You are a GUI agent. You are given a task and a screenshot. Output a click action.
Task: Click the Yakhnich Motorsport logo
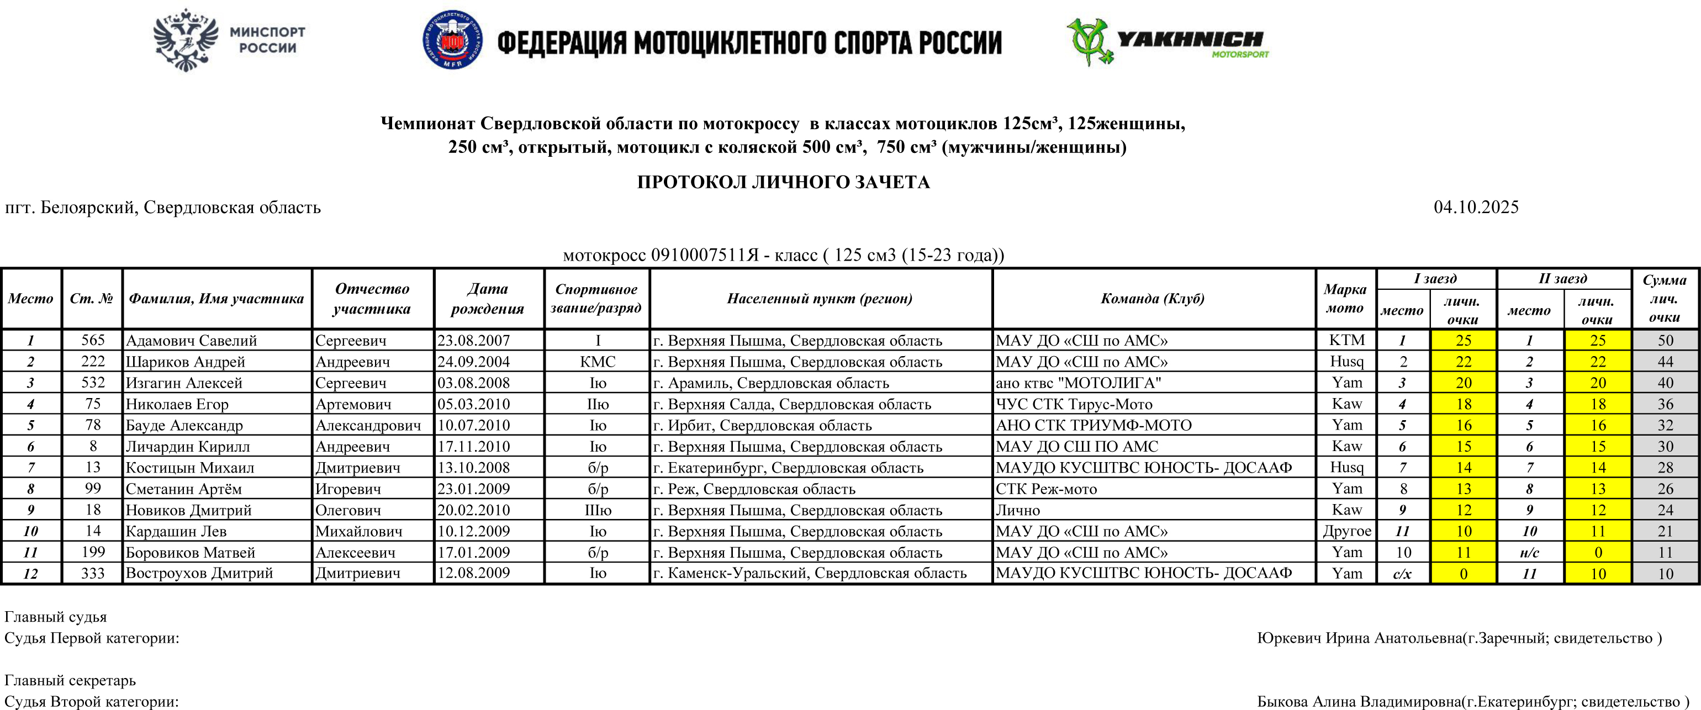coord(1167,41)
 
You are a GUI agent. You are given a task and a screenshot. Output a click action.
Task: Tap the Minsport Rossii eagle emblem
coord(186,40)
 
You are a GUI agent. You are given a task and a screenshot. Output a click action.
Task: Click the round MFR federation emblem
coord(452,40)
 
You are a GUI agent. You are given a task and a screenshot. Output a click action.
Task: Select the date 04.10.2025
coord(1476,207)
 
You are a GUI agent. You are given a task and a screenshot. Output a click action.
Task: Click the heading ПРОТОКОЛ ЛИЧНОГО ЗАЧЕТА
coord(783,182)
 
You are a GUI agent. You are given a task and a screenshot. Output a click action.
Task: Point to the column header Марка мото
coord(1345,298)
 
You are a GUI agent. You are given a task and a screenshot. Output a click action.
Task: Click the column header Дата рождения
coord(488,298)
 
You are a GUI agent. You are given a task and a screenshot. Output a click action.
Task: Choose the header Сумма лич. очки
coord(1665,298)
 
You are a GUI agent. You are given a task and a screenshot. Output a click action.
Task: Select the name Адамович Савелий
coord(192,341)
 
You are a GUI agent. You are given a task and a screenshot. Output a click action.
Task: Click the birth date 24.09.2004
coord(473,362)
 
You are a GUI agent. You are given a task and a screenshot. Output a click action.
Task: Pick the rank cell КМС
coord(598,362)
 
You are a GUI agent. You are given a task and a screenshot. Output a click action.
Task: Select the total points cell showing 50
coord(1665,341)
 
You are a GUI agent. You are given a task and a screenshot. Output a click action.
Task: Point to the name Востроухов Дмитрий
coord(199,573)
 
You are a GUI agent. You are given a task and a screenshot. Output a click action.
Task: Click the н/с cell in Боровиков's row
coord(1529,552)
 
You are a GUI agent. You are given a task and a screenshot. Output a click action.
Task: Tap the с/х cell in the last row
coord(1403,574)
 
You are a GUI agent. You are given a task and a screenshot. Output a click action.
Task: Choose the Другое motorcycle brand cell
coord(1346,531)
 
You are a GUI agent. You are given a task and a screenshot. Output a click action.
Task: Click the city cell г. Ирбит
coord(762,425)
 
